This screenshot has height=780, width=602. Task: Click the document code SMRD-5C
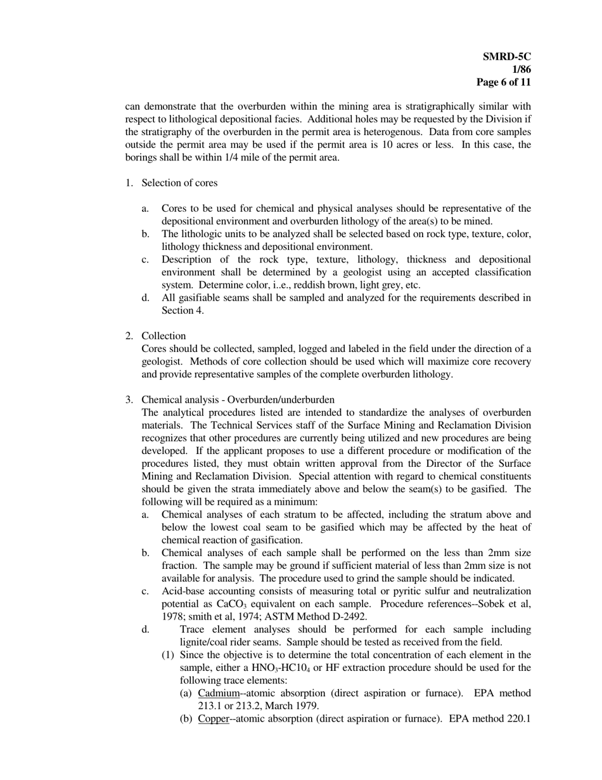[x=507, y=56]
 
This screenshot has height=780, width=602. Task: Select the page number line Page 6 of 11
[x=504, y=82]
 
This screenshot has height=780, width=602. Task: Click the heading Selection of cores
[x=179, y=183]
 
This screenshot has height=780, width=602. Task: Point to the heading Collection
[x=163, y=336]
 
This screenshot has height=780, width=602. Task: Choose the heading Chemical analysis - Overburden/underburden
[x=238, y=400]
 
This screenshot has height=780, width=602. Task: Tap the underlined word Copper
[x=213, y=718]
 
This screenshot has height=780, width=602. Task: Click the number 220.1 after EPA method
[x=518, y=718]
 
